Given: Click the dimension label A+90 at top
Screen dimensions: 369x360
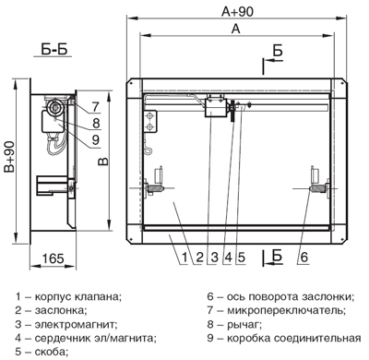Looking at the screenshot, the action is coord(237,11).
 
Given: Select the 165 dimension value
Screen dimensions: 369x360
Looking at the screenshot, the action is coord(54,258).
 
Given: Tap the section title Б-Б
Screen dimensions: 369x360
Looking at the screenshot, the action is coord(54,49).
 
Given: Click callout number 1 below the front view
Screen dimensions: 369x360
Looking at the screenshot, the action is coord(184,258).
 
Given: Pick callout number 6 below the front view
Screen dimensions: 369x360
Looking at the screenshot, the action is coord(304,258).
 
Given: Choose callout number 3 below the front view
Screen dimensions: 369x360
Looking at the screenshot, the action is coord(214,258).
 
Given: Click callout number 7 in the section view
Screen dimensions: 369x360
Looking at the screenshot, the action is coord(96,107).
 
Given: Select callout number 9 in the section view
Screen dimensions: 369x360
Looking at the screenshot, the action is coord(96,140).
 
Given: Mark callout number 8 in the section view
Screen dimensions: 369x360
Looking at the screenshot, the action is coord(96,124).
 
